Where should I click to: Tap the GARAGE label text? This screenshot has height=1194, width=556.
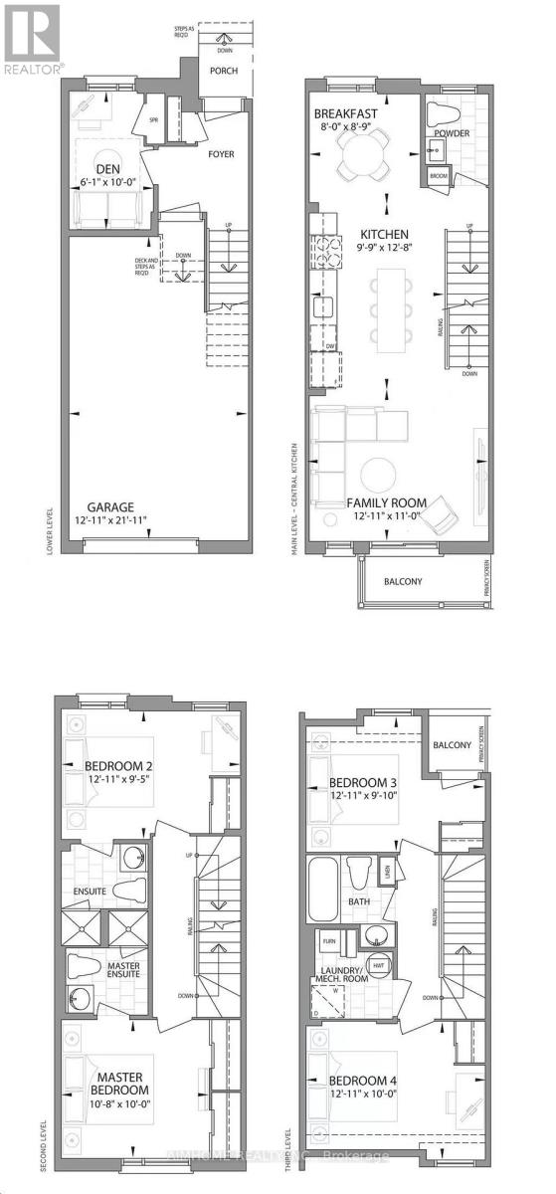110,506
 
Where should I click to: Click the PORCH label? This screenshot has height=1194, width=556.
223,71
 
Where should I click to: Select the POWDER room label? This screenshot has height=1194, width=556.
454,132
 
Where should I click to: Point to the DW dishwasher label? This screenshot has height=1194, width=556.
329,345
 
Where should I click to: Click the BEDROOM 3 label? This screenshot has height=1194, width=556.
364,782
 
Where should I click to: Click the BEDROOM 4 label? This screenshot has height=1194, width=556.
364,1075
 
